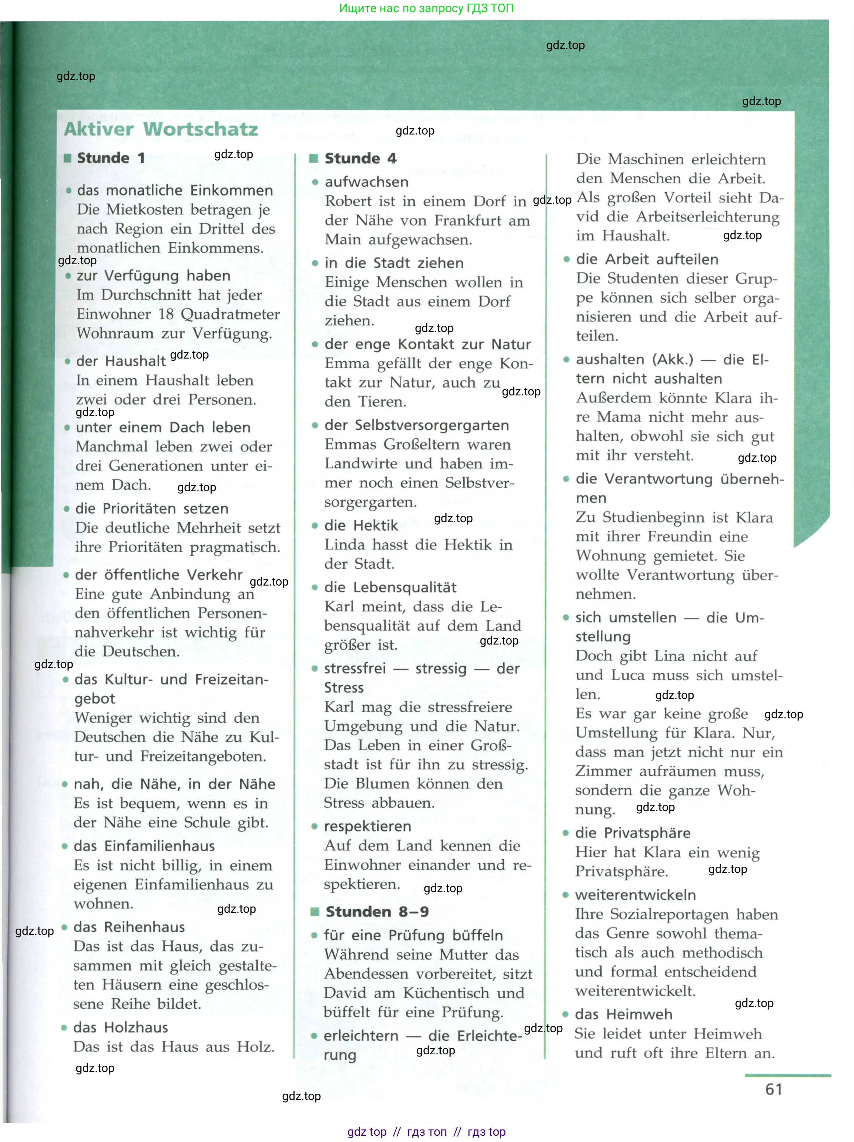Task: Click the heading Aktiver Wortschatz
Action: tap(161, 129)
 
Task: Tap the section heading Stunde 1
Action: tap(111, 158)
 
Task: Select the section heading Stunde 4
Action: tap(360, 158)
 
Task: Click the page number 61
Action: tap(773, 1089)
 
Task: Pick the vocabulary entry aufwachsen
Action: tap(366, 182)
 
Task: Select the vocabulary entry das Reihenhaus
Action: tap(129, 927)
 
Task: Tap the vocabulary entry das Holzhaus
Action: tap(120, 1027)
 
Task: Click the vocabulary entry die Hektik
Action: tap(361, 525)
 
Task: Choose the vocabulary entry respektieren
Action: tap(367, 826)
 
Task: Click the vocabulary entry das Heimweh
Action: tap(624, 1014)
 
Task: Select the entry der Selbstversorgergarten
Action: tap(416, 425)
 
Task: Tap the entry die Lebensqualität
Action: tap(390, 587)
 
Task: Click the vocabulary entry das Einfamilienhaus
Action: tap(144, 846)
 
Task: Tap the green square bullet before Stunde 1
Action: tap(67, 158)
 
